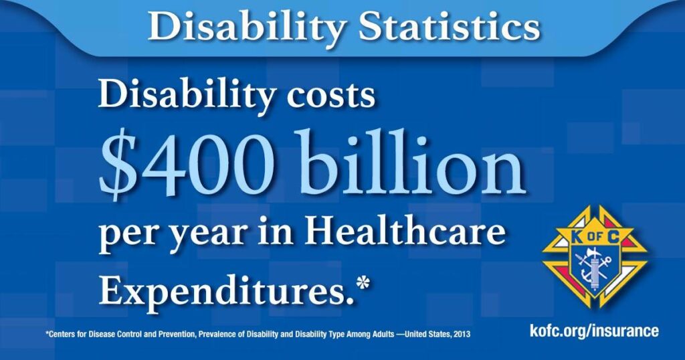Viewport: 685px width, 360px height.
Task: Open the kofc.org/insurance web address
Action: (x=594, y=331)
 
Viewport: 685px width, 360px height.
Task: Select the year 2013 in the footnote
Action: (x=462, y=335)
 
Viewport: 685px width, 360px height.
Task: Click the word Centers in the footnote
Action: (x=61, y=335)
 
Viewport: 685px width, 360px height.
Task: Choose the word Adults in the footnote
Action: (x=381, y=335)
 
